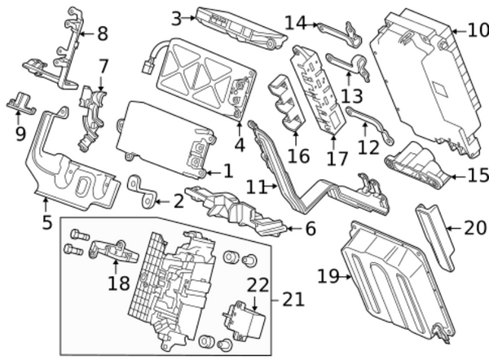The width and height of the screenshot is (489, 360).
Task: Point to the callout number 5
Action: tap(46, 221)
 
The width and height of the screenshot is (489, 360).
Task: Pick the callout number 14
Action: tap(295, 22)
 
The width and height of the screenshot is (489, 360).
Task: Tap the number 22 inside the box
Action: tap(258, 284)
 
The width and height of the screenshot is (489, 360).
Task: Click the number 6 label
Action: tap(310, 230)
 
